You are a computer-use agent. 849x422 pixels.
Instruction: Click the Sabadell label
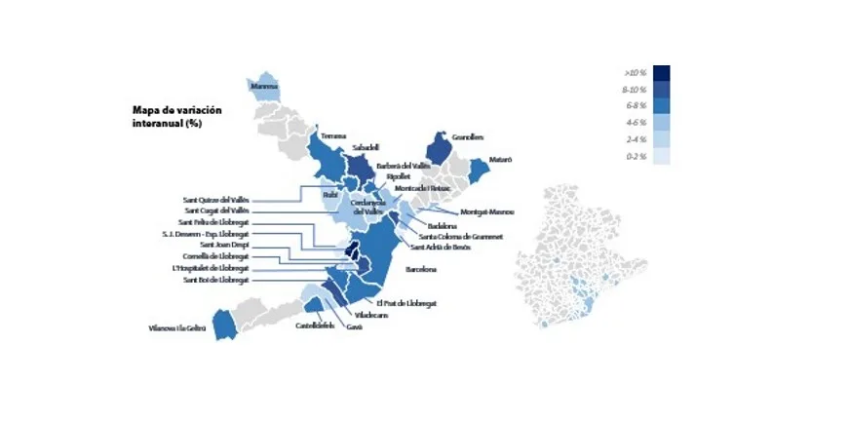click(365, 147)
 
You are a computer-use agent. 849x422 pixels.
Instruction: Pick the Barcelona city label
click(419, 268)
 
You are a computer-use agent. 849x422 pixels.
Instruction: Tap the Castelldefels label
click(317, 326)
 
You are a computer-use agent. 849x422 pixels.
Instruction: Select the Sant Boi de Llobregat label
click(216, 280)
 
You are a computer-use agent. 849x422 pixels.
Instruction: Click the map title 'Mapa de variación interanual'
click(176, 117)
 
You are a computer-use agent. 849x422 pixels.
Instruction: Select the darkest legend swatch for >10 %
click(661, 72)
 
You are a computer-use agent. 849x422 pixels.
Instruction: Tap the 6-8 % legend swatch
click(661, 106)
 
